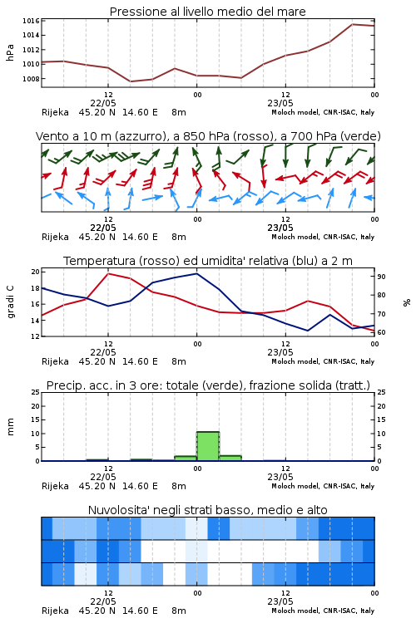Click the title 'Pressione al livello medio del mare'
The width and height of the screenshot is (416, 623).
coord(207,12)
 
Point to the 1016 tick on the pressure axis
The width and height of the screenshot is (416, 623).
coord(31,21)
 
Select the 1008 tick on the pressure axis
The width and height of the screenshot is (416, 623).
coord(31,79)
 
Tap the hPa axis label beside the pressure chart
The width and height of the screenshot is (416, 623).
coord(10,52)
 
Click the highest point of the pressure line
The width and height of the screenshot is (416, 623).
coord(352,24)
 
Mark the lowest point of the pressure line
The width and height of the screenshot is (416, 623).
coord(131,81)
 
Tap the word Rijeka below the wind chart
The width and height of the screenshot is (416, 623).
coord(55,237)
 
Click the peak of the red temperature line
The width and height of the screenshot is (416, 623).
coord(108,273)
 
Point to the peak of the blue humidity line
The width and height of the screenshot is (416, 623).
coord(196,273)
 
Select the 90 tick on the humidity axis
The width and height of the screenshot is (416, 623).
coord(381,277)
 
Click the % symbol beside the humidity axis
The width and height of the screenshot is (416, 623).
coord(407,302)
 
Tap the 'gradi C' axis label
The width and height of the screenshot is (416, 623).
coord(10,302)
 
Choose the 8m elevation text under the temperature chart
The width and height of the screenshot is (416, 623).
coord(179,361)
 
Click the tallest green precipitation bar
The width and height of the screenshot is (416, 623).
coord(207,446)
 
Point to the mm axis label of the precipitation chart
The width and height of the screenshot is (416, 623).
coord(10,427)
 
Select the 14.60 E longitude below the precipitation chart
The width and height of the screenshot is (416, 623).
coord(140,486)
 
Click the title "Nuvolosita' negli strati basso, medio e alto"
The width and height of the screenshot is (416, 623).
coord(207,510)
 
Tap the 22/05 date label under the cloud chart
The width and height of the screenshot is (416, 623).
coord(103,601)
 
